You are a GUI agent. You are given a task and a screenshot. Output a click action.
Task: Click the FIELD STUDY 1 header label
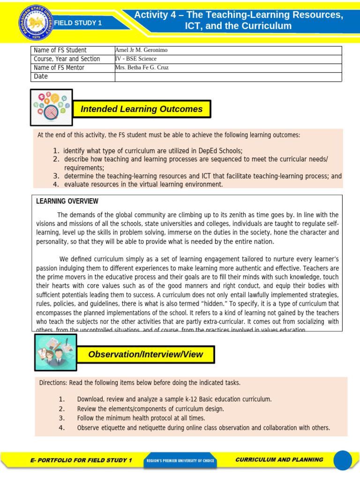coord(77,23)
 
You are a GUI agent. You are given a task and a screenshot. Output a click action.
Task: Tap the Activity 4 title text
coord(238,21)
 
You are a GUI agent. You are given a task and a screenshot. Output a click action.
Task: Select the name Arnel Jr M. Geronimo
coord(141,50)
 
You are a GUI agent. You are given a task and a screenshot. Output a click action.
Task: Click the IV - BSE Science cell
coord(136,59)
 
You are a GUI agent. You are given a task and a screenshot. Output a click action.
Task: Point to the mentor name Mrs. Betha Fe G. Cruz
coord(142,67)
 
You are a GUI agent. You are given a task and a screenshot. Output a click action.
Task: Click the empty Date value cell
coord(228,76)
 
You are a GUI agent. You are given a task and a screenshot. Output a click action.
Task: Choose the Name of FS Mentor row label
coord(59,67)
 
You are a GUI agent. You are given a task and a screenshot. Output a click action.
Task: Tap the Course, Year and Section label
coord(67,59)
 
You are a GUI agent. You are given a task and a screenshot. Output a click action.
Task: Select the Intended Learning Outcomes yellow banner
coord(142,109)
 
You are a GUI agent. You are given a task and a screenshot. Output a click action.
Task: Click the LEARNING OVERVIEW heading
coord(67,201)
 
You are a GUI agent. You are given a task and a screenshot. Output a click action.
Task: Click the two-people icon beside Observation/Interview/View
coord(56,352)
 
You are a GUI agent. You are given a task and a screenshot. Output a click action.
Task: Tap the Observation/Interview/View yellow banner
coord(145,354)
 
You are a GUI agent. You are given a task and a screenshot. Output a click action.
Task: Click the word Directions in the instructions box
coord(53,383)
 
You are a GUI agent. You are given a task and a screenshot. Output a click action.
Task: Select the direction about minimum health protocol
coord(141,418)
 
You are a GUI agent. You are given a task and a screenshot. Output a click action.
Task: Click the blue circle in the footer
coord(343,460)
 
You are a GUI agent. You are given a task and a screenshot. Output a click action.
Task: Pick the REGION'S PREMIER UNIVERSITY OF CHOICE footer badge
coord(180,461)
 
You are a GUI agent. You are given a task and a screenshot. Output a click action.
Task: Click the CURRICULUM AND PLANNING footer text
coord(279,460)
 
